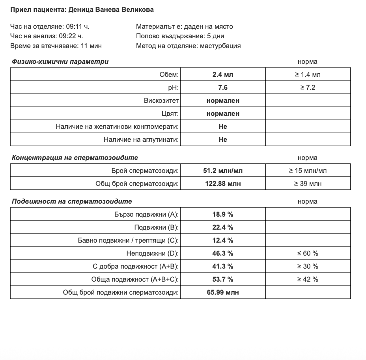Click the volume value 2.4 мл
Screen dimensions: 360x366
[223, 74]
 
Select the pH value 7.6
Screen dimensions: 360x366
[223, 87]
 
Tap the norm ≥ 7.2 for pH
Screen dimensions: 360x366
[308, 87]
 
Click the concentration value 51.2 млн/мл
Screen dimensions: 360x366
[223, 171]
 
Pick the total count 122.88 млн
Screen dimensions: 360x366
[223, 184]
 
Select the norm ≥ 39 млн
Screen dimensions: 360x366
[308, 184]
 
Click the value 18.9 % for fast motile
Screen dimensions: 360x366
[223, 214]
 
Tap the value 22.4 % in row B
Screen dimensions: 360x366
[223, 227]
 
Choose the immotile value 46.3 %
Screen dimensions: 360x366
[223, 253]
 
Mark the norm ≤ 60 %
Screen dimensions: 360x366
[308, 253]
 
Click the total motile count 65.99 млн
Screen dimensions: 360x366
[223, 292]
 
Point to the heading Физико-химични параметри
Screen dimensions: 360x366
[60, 61]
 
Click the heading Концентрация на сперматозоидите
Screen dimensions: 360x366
[75, 158]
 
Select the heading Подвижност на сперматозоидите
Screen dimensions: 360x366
[72, 201]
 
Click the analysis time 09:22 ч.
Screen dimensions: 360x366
[71, 36]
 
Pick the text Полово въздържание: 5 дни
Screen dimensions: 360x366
[180, 36]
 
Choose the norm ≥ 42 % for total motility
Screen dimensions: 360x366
[308, 279]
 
